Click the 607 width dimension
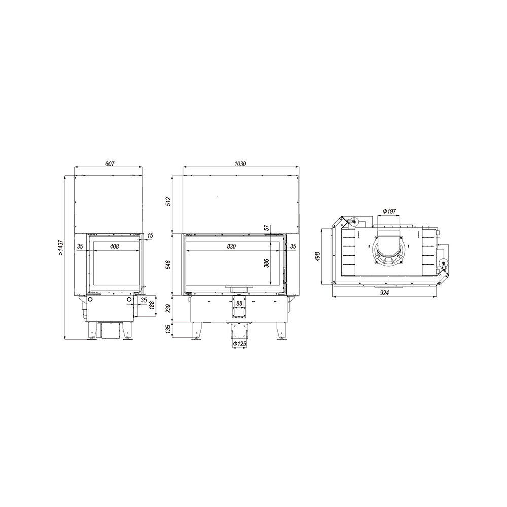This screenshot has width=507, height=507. point(110,164)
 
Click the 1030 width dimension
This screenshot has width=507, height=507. point(240,164)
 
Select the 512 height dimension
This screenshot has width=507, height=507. point(168,201)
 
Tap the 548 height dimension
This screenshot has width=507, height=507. point(168,264)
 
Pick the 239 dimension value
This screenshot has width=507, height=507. point(168,308)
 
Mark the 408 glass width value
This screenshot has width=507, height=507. point(114,247)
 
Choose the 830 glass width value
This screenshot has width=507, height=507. point(231,247)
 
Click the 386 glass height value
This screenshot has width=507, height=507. point(267,263)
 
